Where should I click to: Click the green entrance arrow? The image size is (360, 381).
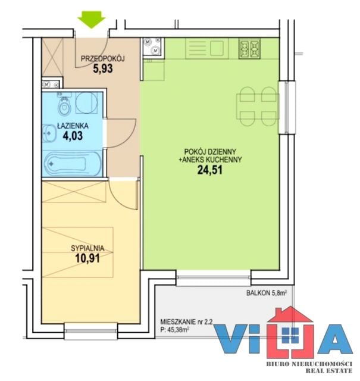(x=91, y=20)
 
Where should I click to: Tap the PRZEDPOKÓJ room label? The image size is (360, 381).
(x=103, y=58)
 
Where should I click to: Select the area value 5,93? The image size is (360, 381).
(x=103, y=68)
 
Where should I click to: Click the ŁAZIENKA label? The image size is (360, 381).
(x=73, y=126)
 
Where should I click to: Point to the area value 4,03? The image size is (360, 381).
(x=73, y=136)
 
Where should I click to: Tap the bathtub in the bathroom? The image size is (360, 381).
(x=73, y=164)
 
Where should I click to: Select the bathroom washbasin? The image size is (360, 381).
(x=49, y=133)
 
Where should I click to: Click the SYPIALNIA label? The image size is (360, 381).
(x=87, y=248)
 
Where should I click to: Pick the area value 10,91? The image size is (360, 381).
(x=87, y=258)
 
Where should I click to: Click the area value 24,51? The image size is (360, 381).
(x=210, y=170)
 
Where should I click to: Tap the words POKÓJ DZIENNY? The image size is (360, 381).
(x=210, y=152)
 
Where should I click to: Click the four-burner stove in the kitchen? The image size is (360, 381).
(x=249, y=48)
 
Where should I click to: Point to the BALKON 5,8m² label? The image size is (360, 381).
(x=267, y=293)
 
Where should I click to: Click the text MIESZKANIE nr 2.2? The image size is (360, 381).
(x=186, y=322)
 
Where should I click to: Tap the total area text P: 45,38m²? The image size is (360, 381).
(x=175, y=330)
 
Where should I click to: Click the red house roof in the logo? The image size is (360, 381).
(x=290, y=315)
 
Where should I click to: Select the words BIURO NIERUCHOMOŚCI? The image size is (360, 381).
(x=309, y=364)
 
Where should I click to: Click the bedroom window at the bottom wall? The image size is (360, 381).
(x=91, y=330)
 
